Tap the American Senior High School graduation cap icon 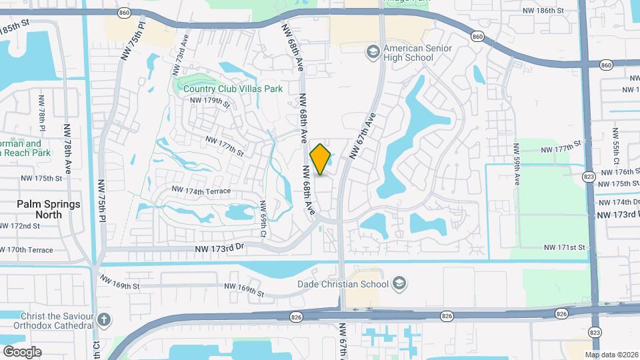click(373, 52)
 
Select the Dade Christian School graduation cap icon click(399, 284)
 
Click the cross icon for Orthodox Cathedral click(103, 319)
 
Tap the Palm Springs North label click(49, 209)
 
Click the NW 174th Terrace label click(201, 191)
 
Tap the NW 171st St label click(564, 247)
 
